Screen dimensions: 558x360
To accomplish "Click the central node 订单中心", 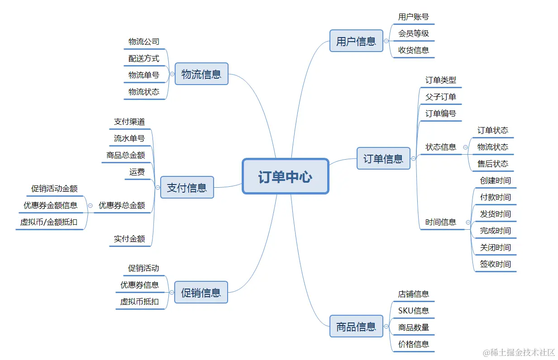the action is point(285,176).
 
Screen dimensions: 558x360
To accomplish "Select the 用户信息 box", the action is point(356,41).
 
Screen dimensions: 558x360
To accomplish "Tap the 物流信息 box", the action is point(201,74).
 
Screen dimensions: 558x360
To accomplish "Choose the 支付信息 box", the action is point(187,187).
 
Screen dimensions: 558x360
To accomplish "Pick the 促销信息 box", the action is point(201,293).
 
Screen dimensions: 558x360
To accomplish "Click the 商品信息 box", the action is point(356,327).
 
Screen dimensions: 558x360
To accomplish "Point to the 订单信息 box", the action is point(383,158).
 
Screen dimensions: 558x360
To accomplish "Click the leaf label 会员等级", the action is point(414,33).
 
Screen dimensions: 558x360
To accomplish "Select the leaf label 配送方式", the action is point(144,58).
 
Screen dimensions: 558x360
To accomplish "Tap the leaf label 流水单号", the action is point(129,138).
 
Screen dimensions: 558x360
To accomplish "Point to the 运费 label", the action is point(137,172).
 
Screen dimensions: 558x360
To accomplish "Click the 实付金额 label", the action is point(129,239).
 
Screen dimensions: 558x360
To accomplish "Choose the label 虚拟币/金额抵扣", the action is point(49,222).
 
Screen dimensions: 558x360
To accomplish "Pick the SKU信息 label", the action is point(414,311).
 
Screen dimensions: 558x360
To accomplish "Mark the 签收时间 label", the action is point(496,264).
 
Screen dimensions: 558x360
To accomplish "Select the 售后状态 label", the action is point(493,164).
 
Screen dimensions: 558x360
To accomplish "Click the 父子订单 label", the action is point(441,97).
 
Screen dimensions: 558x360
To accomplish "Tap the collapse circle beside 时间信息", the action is point(468,223).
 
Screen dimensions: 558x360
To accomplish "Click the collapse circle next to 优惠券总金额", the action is point(90,205).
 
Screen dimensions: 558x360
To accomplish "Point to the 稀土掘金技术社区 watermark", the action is point(519,352).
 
